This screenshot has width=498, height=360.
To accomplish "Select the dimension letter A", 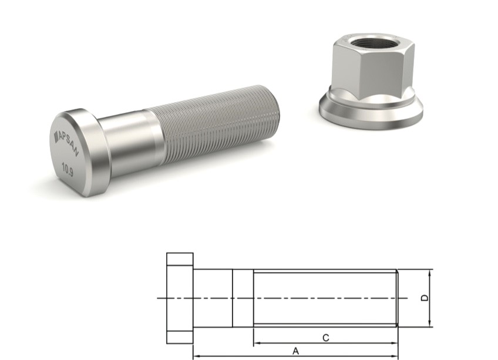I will pos(296,351).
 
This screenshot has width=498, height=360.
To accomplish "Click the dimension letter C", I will pos(325,337).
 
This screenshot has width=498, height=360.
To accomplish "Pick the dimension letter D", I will pos(425,298).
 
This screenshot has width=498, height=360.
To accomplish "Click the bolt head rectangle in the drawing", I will pos(180,298).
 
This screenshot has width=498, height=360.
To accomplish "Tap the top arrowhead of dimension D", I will pos(431,273).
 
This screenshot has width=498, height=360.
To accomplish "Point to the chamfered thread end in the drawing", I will pos(398,298).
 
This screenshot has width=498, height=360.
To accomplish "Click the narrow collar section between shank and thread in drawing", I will pos(243,298).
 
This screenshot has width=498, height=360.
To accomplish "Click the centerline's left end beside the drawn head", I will pos(160,298).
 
